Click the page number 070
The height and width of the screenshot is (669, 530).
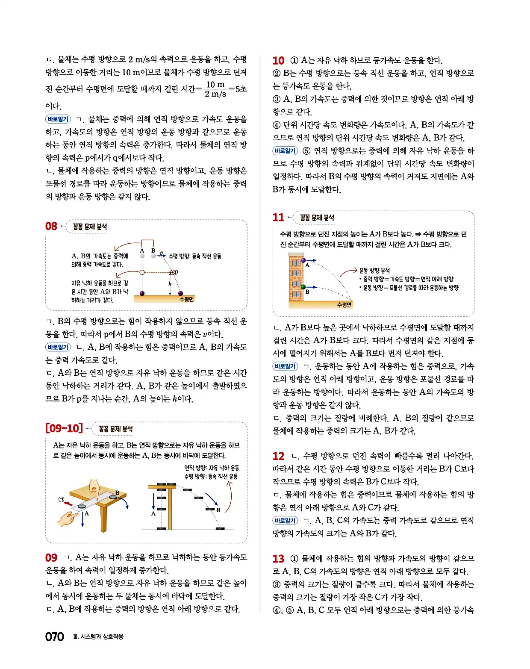pos(54,637)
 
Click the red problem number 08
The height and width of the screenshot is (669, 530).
pos(51,226)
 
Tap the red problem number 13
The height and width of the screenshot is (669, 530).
pos(278,559)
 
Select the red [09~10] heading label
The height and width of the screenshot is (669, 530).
pos(64,428)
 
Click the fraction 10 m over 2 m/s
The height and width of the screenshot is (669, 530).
pos(215,89)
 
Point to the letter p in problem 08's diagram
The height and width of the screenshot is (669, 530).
pos(176,272)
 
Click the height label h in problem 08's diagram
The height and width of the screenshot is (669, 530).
pos(170,283)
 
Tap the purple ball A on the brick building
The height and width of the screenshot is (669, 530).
pos(303,260)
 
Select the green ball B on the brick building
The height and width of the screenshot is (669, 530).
pos(303,287)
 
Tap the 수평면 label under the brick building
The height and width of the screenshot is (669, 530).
pos(344,305)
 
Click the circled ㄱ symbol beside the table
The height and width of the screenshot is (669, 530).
pos(61,499)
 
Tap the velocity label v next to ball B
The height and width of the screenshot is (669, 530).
pos(161,253)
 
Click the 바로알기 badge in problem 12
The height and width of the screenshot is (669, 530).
pos(285,520)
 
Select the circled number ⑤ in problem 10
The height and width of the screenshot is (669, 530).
pos(306,151)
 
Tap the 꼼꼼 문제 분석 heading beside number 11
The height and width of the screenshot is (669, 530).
pos(317,218)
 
